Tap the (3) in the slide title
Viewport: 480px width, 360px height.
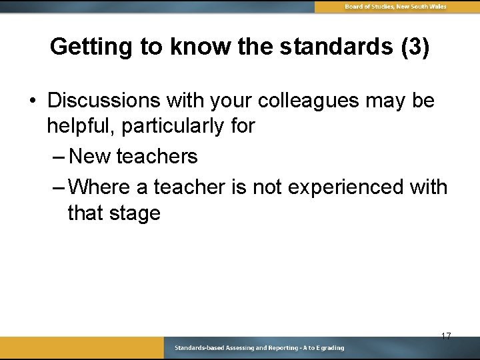coord(413,47)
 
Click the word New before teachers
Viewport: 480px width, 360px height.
coord(90,157)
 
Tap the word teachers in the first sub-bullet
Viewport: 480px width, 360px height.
coord(157,157)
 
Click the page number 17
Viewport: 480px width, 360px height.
coord(446,336)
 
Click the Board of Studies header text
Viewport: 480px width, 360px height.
coord(395,7)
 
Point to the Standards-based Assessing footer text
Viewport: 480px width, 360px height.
coord(259,348)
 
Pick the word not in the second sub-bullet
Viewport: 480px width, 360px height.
coord(267,187)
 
